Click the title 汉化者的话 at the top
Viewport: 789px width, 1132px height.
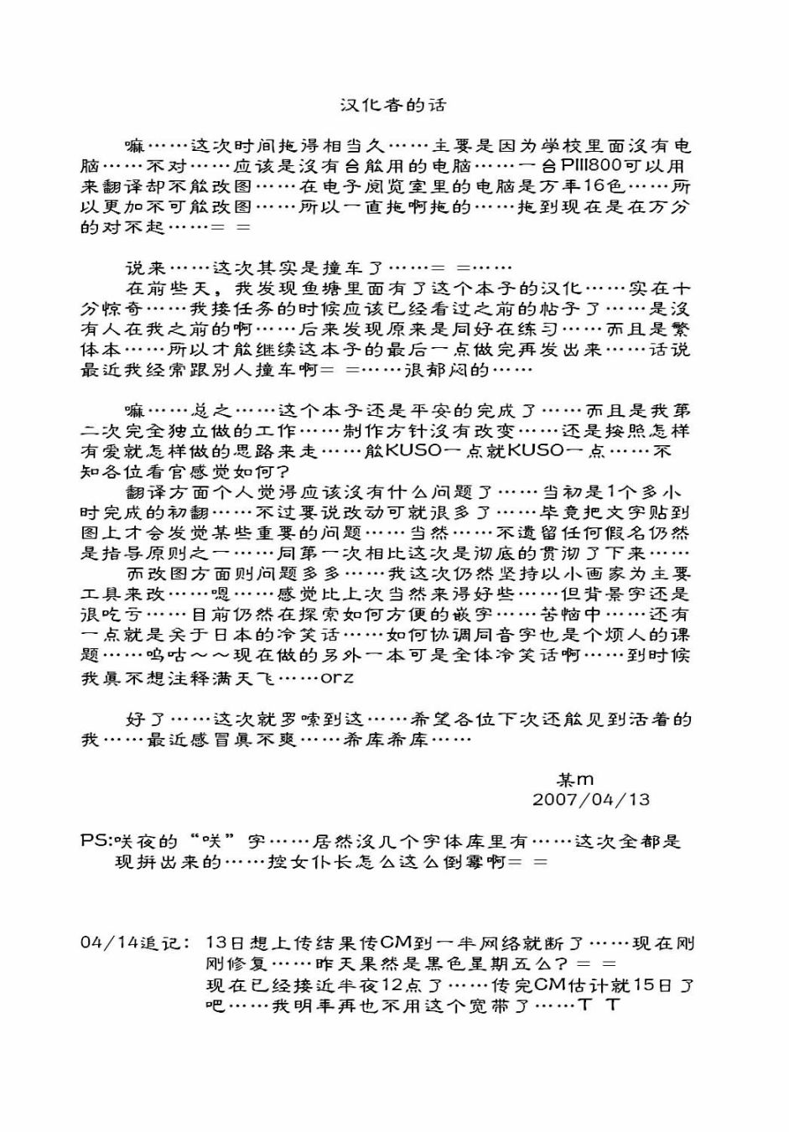click(393, 105)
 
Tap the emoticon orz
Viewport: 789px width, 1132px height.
click(338, 678)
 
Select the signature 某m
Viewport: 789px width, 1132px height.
click(575, 780)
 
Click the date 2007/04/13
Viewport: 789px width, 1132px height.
click(591, 799)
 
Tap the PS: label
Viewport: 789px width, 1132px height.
click(96, 841)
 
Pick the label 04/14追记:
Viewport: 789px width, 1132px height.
click(134, 943)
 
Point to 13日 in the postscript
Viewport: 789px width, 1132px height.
click(226, 943)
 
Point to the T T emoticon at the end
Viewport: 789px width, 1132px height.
click(599, 1005)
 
